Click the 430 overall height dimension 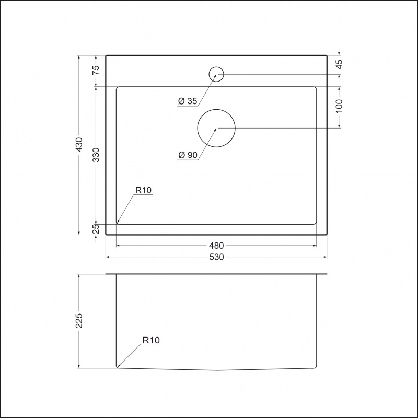(x=79, y=145)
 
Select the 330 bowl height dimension (x=96, y=155)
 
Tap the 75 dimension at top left (x=96, y=71)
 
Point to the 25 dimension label (x=96, y=229)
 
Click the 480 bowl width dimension (x=216, y=246)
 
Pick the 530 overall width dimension (x=216, y=257)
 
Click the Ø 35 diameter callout (x=187, y=102)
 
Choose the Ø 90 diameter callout (x=187, y=156)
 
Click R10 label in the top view (x=143, y=191)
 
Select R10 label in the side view (x=151, y=340)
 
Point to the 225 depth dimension (x=79, y=321)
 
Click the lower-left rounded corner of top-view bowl (x=118, y=222)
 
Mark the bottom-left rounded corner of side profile (x=118, y=366)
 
